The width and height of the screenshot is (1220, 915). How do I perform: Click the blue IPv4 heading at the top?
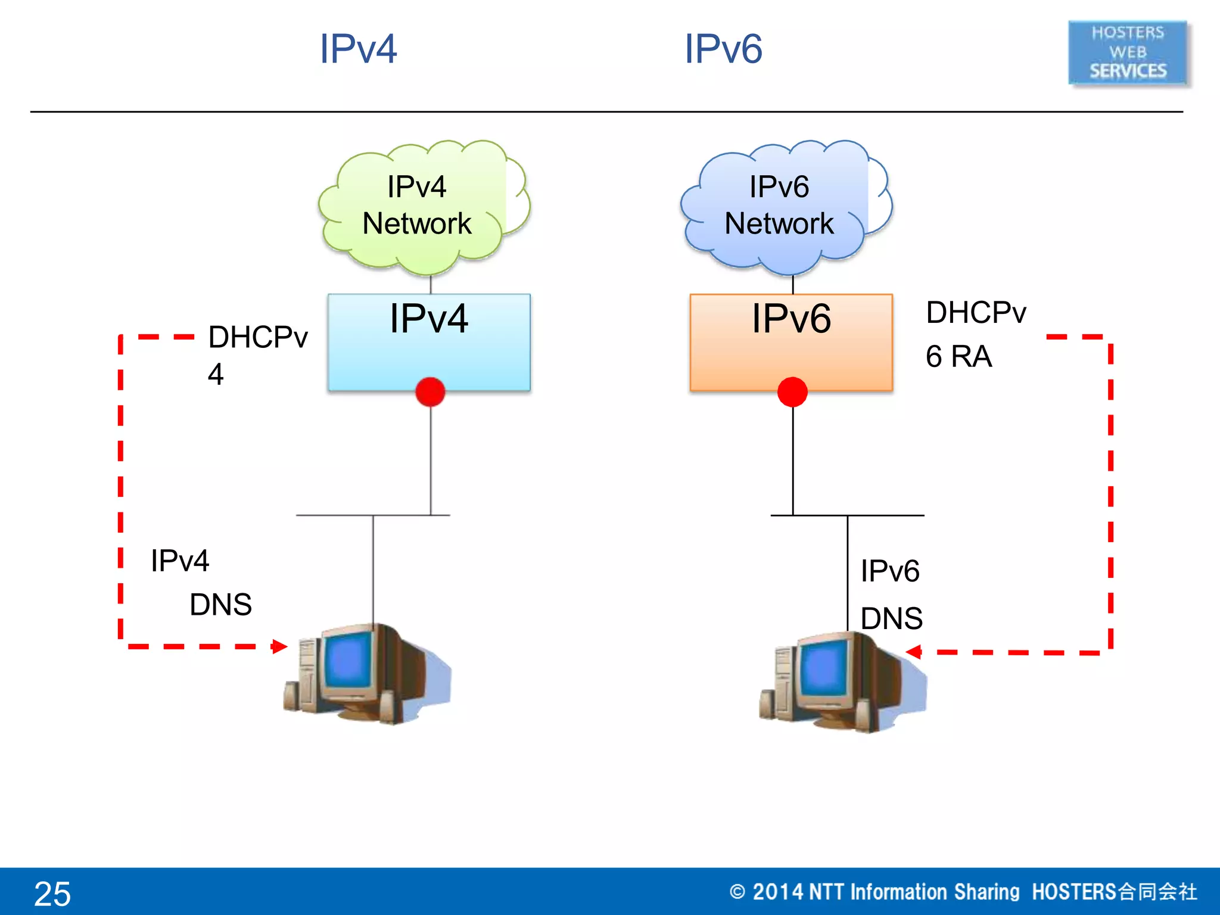[x=357, y=49]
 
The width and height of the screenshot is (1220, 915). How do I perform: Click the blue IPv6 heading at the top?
[x=723, y=49]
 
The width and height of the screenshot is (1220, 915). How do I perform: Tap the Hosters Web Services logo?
[x=1128, y=52]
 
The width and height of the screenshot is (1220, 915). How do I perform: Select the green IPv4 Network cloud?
[x=417, y=206]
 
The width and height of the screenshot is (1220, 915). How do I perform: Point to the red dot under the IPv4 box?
[x=430, y=392]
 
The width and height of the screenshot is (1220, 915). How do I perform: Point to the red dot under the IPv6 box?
[x=792, y=392]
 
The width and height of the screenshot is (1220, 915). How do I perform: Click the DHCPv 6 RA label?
[x=975, y=334]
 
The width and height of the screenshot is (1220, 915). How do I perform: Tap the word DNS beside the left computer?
[x=220, y=605]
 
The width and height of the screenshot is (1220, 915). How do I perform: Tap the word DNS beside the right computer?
[x=891, y=618]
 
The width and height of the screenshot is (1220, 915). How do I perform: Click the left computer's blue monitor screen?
[x=350, y=660]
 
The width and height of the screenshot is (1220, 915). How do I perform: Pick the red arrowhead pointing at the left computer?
[x=279, y=646]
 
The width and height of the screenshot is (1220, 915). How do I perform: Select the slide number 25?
[x=52, y=894]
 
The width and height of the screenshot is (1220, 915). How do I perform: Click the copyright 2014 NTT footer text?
[x=963, y=892]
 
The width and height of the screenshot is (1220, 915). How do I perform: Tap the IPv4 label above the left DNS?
[x=180, y=561]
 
